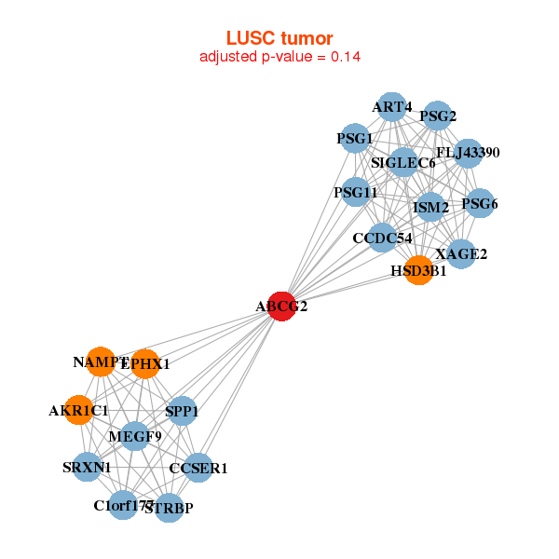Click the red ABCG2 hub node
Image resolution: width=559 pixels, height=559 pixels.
pos(281,306)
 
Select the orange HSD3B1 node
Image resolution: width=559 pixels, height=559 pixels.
pos(418,270)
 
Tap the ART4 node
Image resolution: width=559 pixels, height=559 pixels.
pos(392,107)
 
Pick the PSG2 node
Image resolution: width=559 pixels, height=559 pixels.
pos(437,116)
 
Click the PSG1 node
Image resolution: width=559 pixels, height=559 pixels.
pos(355,139)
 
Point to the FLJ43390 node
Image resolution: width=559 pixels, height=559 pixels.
pos(467,153)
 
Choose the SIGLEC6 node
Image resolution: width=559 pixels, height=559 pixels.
pos(403,163)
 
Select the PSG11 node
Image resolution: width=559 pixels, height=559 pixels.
pos(356,193)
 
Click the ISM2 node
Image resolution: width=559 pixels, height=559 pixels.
pos(430,206)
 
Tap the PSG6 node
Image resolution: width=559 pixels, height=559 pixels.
pos(479,204)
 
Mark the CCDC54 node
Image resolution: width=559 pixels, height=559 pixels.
pos(382,239)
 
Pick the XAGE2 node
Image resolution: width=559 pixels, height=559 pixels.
pos(461,253)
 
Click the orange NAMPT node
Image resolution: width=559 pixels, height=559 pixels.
pos(101,361)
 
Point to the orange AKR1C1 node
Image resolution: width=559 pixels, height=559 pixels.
pos(79,410)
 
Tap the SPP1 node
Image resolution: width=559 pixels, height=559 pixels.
pos(182,411)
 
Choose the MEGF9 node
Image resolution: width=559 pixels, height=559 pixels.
pos(135,435)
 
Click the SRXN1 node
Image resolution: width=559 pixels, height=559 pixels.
pos(87,467)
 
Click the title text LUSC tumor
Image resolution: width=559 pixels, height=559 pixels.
pos(279,38)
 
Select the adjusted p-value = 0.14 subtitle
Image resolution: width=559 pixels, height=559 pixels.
pos(279,57)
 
